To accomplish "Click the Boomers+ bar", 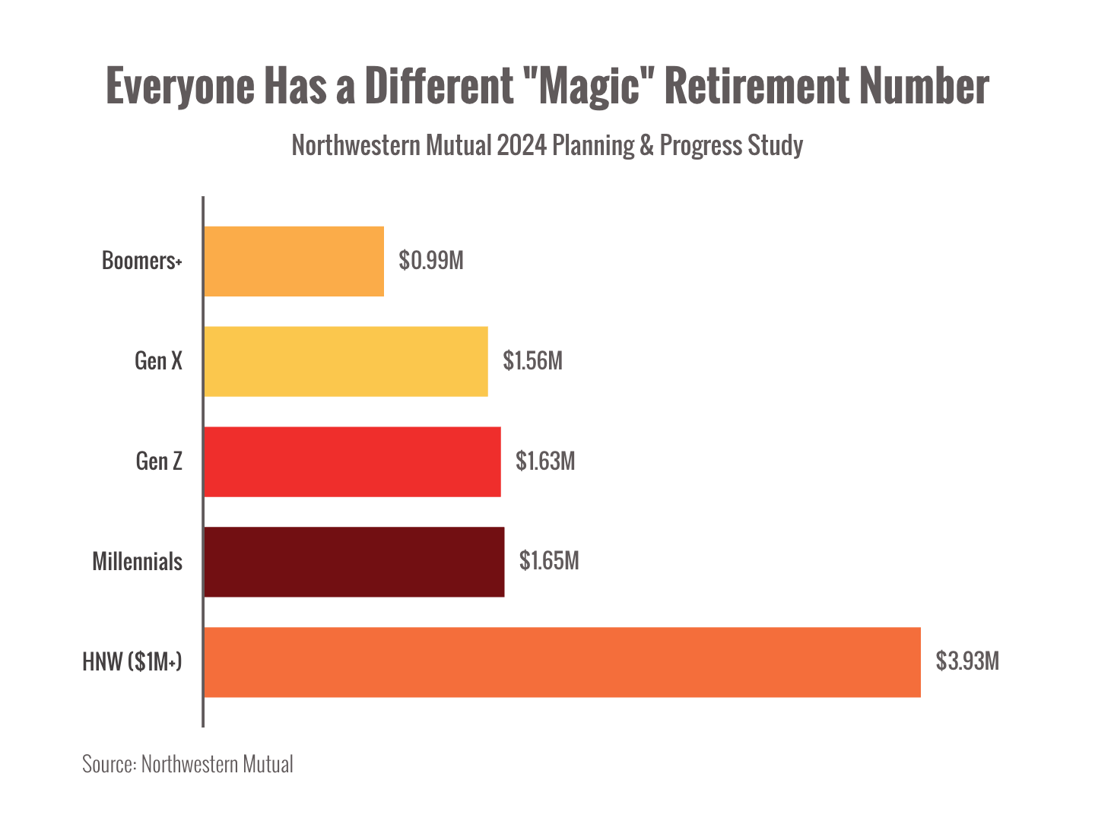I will [x=294, y=261].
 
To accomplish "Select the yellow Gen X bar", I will [x=346, y=361].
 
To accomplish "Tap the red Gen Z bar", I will [x=353, y=461].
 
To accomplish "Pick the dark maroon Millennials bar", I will [x=354, y=562].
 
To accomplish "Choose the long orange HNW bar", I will [x=563, y=662].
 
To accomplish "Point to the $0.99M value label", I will [x=431, y=261].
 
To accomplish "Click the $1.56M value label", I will [x=532, y=360].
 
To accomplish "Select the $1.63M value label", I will [x=545, y=461].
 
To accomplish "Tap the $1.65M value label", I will [x=549, y=561].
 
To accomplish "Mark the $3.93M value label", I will [x=967, y=661].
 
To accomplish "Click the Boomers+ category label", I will [x=142, y=261].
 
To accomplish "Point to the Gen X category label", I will [x=159, y=360].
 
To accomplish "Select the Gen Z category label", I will [x=159, y=461].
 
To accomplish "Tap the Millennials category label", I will [x=138, y=561].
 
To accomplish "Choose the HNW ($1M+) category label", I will [x=132, y=661].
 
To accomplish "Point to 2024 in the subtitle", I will [x=522, y=144].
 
